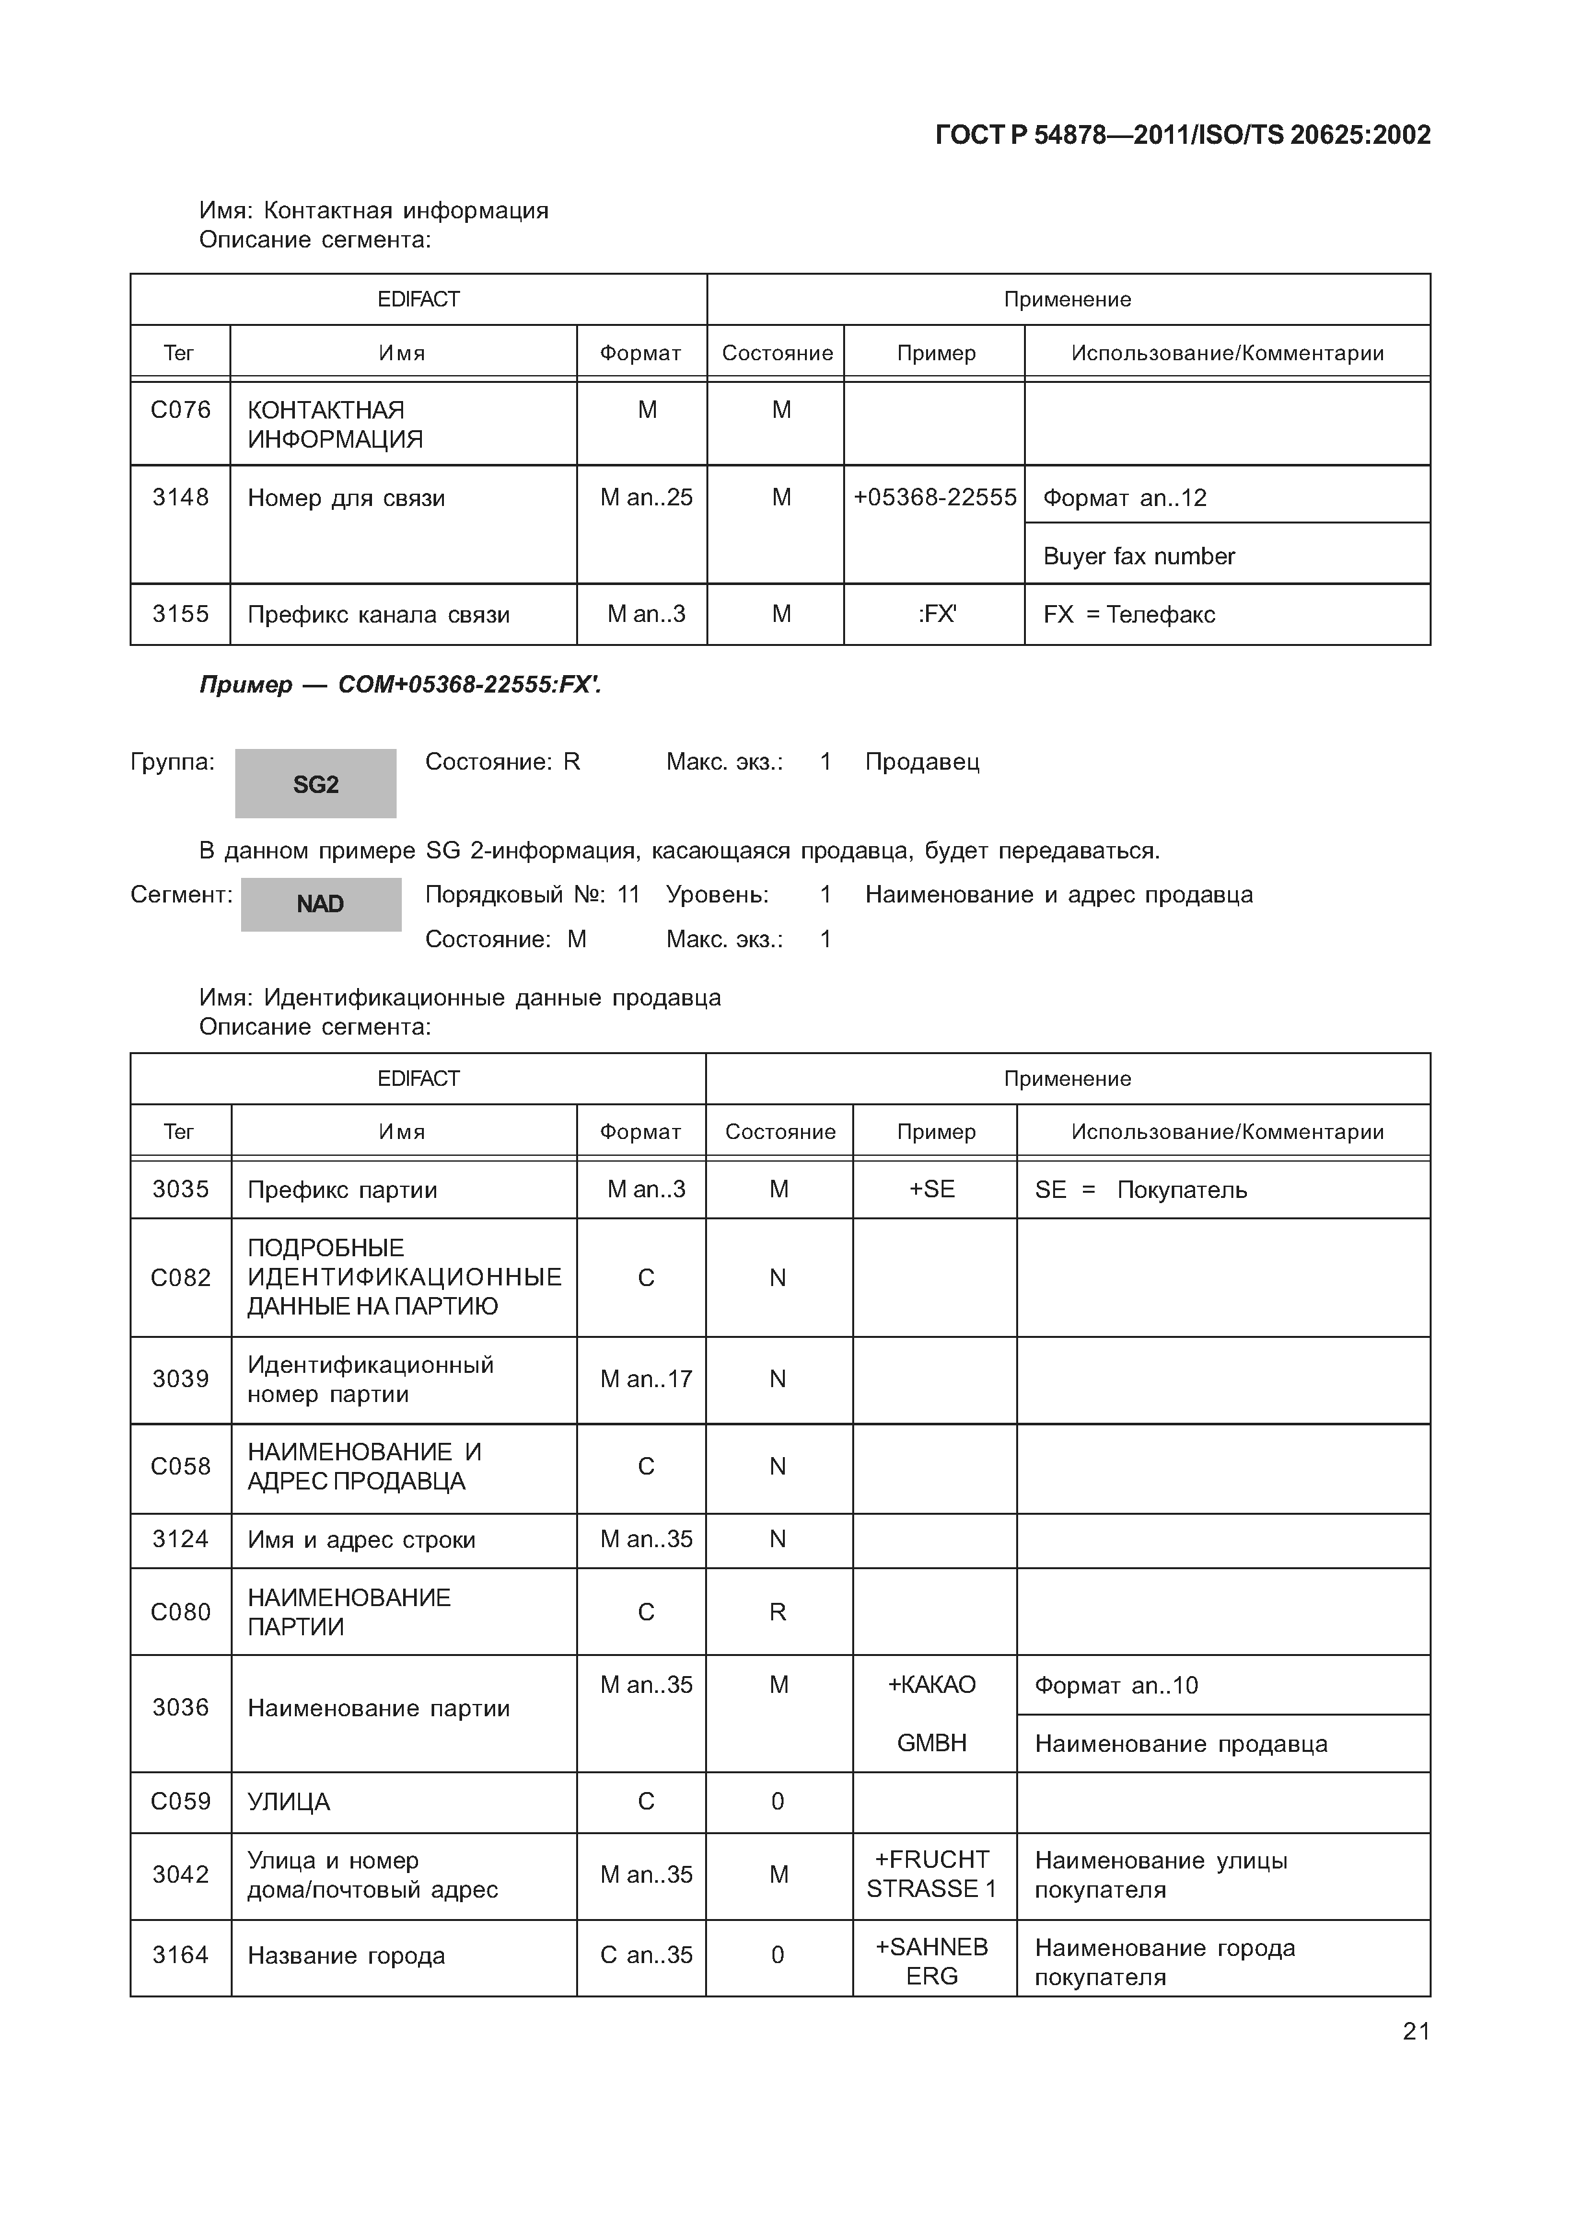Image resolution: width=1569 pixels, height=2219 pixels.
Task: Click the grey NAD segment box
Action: pos(320,904)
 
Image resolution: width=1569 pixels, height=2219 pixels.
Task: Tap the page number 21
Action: pos(1415,2030)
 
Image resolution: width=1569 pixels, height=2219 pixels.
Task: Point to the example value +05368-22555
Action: pos(934,497)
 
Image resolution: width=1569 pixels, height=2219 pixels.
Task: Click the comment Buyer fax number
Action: pos(1138,556)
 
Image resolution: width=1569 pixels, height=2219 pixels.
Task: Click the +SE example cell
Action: pos(932,1189)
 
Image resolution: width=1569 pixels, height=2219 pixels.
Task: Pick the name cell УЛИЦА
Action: pos(288,1802)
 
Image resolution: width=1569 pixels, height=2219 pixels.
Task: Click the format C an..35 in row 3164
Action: pos(645,1955)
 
